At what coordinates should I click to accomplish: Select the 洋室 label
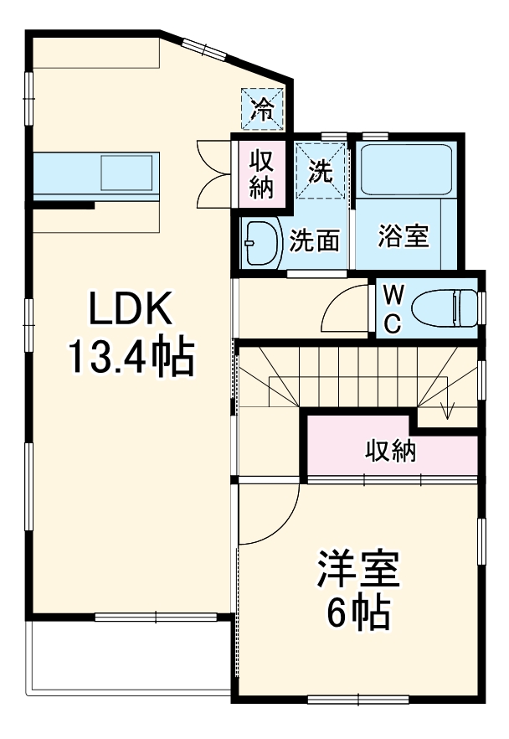point(357,571)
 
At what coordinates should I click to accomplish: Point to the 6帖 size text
point(357,615)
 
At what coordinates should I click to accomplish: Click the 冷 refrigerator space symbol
point(263,109)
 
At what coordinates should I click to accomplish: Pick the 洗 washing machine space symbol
point(321,170)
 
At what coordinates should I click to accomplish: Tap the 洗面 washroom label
point(315,241)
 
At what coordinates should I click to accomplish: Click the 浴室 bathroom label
point(404,237)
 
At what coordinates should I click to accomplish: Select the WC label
point(393,307)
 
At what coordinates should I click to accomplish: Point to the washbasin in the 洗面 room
point(260,243)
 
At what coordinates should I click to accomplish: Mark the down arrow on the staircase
point(447,408)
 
